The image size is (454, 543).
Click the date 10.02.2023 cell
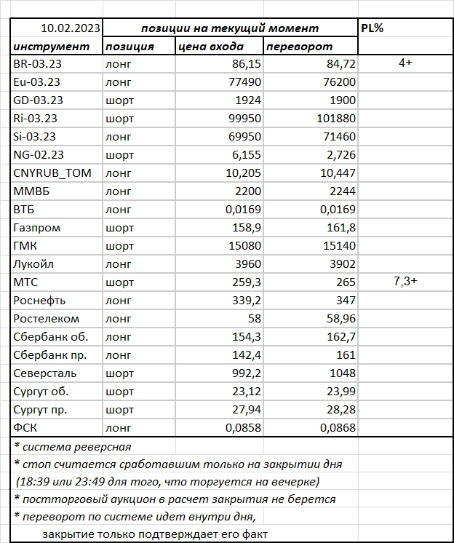click(71, 28)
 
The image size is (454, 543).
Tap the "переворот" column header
click(299, 47)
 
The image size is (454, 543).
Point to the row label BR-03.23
click(37, 65)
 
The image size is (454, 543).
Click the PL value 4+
click(405, 64)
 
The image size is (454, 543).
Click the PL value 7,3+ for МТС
click(405, 282)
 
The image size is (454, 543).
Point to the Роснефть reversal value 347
click(344, 301)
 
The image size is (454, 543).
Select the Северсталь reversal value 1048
click(342, 373)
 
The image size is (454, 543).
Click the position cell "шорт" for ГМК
click(120, 246)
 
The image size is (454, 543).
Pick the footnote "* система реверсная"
click(73, 446)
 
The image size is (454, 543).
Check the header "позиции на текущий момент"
click(230, 28)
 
